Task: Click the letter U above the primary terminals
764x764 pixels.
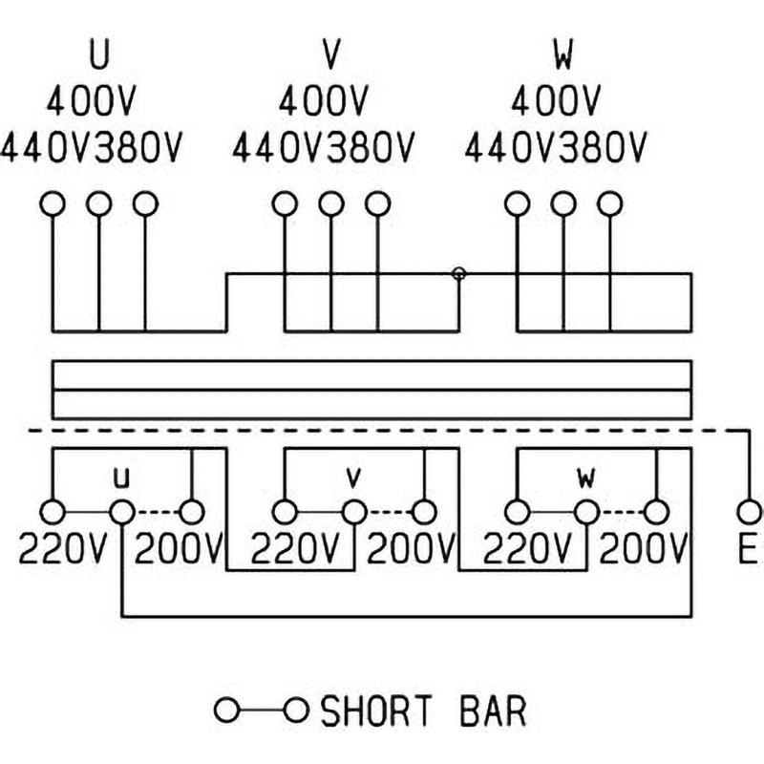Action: point(98,54)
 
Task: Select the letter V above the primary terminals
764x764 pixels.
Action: point(331,54)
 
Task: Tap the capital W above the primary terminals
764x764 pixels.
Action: point(563,54)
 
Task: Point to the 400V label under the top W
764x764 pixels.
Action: point(556,99)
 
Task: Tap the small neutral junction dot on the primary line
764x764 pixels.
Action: point(459,274)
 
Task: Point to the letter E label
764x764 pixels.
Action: point(746,549)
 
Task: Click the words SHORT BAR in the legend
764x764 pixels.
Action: point(423,711)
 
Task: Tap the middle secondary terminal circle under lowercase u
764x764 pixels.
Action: point(121,512)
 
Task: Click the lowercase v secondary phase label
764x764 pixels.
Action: point(353,475)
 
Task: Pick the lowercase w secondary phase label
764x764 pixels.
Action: point(585,475)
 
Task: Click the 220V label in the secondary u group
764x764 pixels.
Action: point(63,549)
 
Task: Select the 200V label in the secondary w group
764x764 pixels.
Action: point(643,549)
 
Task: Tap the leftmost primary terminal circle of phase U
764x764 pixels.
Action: point(53,203)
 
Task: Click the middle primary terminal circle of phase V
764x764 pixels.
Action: point(330,203)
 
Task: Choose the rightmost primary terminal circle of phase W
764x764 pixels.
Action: point(609,203)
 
